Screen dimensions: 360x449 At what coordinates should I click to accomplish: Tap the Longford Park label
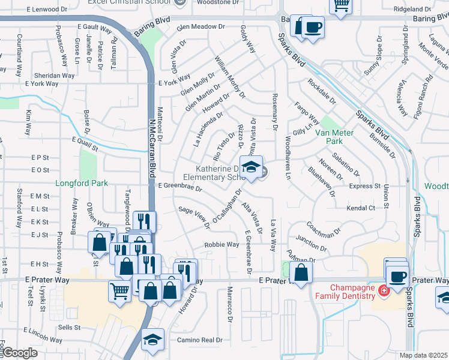[81, 183]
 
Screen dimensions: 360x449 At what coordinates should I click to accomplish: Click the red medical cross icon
[383, 291]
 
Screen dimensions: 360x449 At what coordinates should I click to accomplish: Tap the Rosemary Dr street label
[276, 116]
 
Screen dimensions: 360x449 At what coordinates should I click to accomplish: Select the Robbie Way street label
[222, 245]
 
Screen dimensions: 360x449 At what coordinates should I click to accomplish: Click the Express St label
[365, 187]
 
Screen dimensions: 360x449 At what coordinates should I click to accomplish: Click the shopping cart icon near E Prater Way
[119, 292]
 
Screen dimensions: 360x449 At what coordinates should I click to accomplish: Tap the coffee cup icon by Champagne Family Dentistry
[397, 277]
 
